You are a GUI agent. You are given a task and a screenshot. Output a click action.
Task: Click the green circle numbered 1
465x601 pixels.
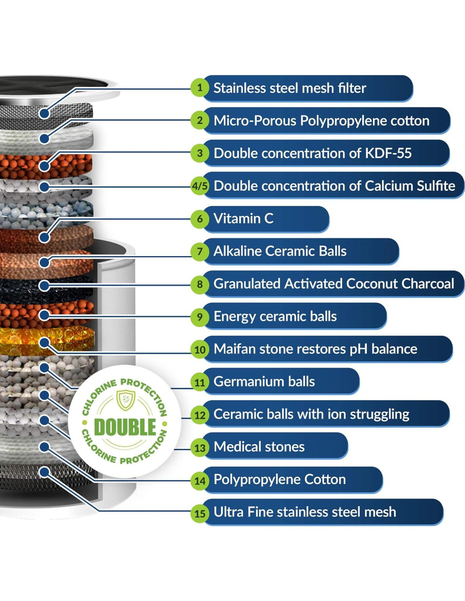pos(200,88)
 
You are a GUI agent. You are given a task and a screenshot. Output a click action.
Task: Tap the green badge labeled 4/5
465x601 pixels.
pos(200,186)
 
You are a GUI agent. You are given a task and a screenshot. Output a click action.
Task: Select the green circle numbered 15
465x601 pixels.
pos(200,513)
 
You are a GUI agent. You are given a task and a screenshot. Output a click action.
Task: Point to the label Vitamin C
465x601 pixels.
pos(243,219)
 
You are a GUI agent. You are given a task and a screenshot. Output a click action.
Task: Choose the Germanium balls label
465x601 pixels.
pos(264,382)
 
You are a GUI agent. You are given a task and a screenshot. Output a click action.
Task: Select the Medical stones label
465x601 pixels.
pos(259,447)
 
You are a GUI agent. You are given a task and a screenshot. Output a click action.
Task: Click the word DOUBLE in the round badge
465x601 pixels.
pos(125,427)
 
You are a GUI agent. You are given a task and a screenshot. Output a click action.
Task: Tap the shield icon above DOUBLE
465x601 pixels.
pos(126,399)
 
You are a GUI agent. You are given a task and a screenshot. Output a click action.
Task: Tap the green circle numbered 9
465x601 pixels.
pos(200,317)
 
